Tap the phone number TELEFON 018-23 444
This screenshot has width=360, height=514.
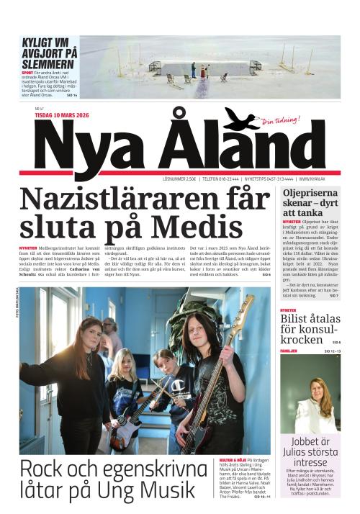point(220,178)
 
